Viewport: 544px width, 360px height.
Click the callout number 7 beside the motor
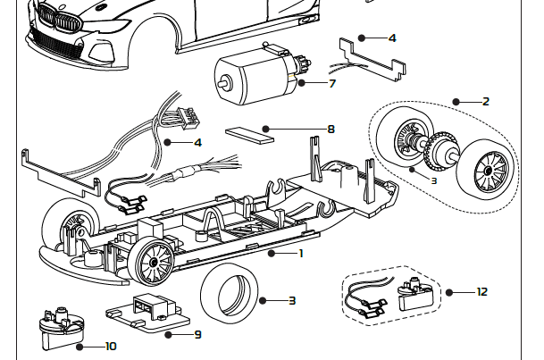[x=331, y=84]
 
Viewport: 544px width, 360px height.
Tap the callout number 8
[x=331, y=130]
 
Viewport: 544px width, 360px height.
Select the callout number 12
[x=482, y=292]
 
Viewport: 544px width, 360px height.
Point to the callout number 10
[x=111, y=346]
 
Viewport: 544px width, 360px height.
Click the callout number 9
[x=197, y=335]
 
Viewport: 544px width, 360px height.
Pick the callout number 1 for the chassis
[x=301, y=254]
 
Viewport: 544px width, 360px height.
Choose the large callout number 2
[x=486, y=102]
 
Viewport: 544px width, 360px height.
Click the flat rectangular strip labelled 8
[x=251, y=133]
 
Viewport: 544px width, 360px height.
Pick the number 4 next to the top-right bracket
[x=392, y=38]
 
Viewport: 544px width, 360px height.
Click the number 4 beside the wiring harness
[x=197, y=142]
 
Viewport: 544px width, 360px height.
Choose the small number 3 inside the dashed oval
[x=410, y=180]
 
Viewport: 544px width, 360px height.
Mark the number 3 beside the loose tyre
[x=292, y=300]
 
